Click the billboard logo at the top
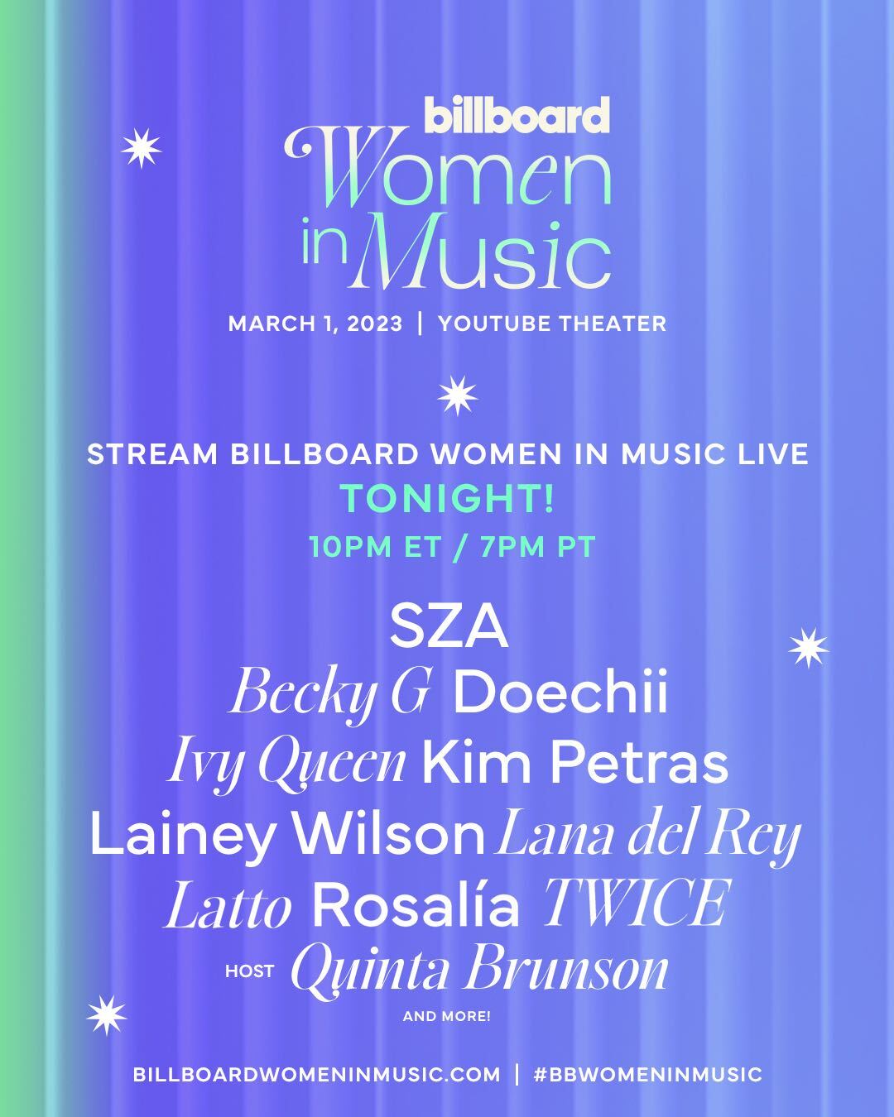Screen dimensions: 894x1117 (x=517, y=115)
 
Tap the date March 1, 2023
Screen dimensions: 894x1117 (x=315, y=324)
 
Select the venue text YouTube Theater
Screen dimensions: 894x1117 (x=552, y=324)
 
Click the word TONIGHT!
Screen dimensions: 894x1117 (x=447, y=499)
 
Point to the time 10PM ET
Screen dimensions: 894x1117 (x=376, y=546)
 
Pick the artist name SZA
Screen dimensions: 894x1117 (x=449, y=628)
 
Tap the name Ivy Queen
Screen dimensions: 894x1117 (x=286, y=765)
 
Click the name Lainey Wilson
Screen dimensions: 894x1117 (x=286, y=835)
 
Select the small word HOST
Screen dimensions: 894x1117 (x=249, y=971)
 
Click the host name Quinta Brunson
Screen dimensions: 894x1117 (x=479, y=971)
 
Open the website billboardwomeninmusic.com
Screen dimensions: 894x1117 (x=317, y=1075)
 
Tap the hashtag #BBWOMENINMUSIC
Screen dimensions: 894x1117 (x=647, y=1075)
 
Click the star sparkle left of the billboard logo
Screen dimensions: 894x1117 (x=142, y=148)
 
